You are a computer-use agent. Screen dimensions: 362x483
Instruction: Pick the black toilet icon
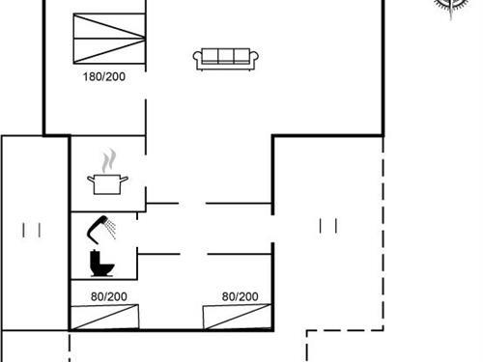pos(99,263)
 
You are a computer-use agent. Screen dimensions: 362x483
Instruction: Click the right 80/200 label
pos(241,296)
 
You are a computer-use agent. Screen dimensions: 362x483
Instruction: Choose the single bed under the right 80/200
pos(237,316)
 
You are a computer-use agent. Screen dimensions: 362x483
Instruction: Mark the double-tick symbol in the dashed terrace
pos(328,225)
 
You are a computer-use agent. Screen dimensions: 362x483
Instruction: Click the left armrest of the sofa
pos(197,61)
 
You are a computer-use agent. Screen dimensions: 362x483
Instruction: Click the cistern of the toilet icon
pos(95,255)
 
